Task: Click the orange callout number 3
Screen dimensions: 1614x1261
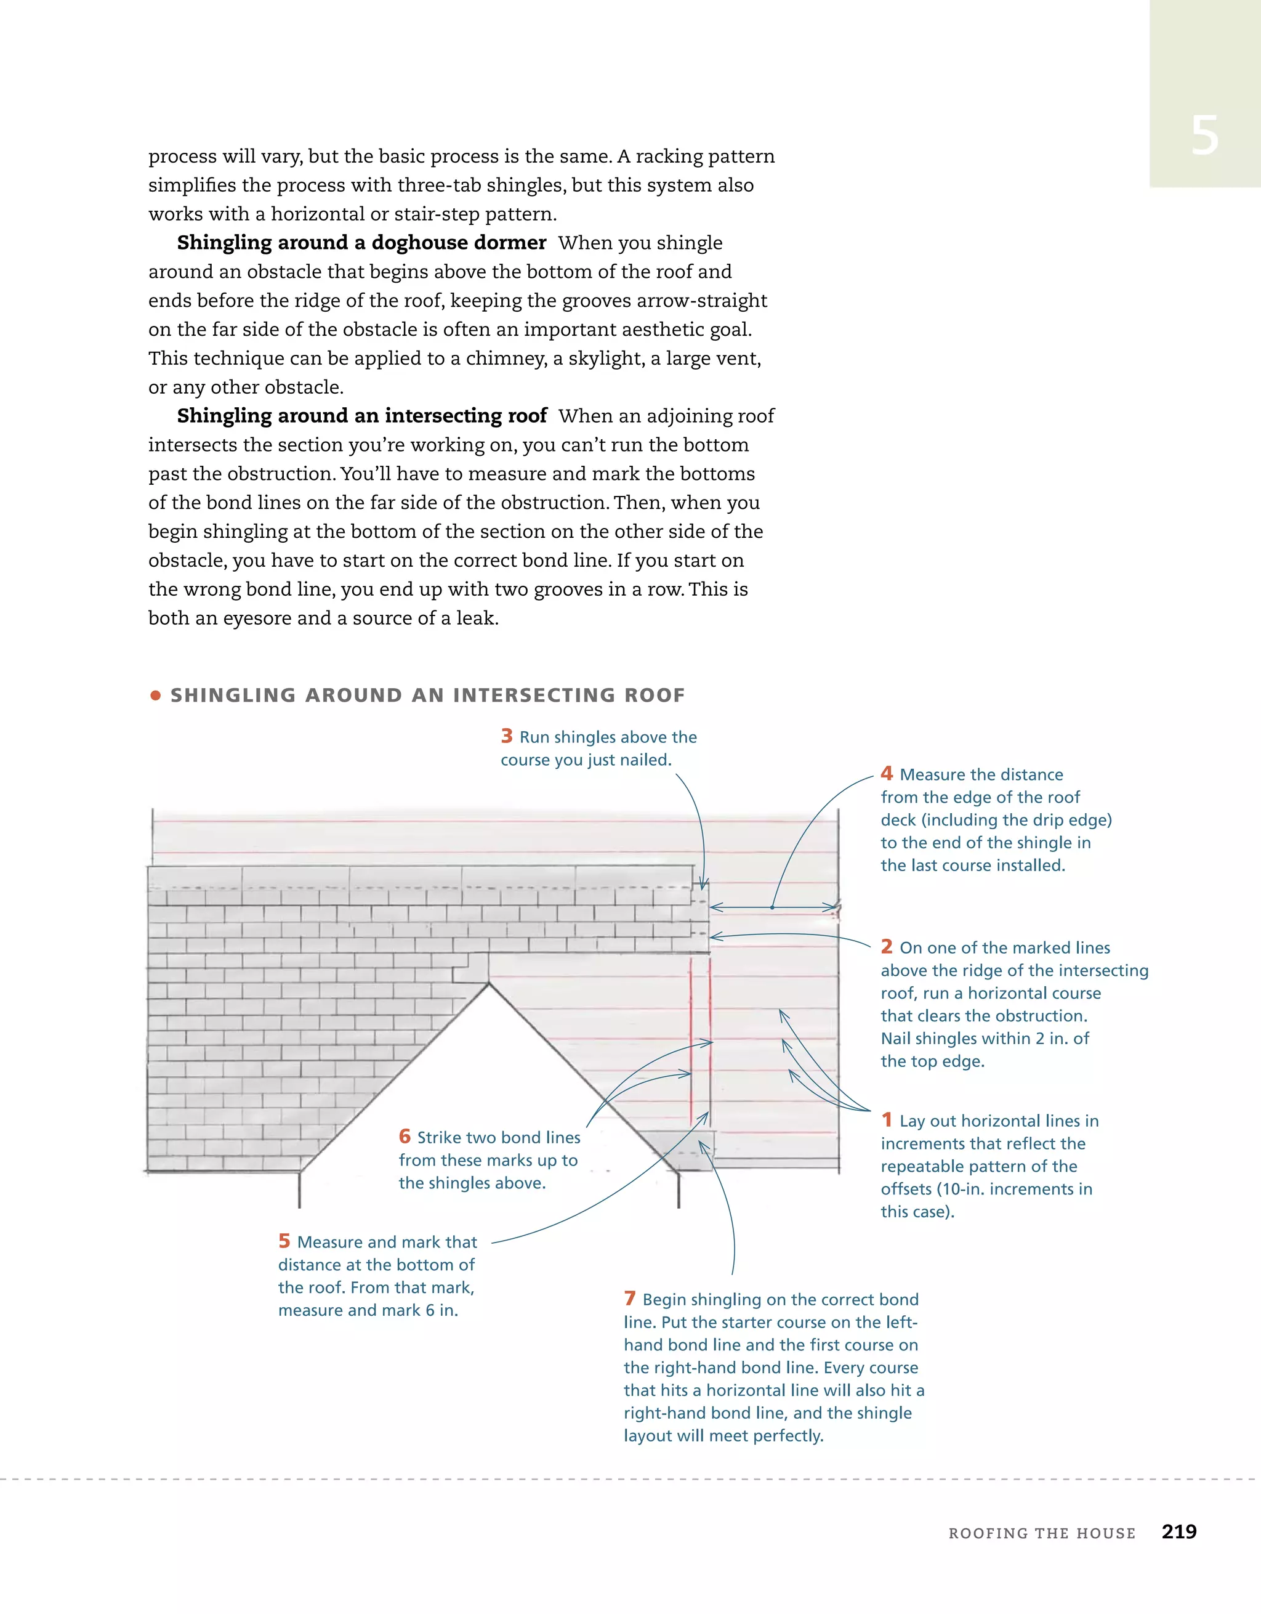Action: [x=506, y=736]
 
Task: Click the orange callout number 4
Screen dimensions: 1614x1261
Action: [x=887, y=774]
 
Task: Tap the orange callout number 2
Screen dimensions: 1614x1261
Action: [x=887, y=947]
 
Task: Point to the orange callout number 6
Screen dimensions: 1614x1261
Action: [x=404, y=1136]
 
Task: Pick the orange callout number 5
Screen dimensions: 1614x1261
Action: [x=284, y=1241]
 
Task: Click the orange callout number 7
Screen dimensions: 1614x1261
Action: [x=629, y=1299]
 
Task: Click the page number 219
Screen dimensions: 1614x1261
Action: [x=1178, y=1532]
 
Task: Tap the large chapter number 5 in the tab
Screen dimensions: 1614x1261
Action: [x=1204, y=136]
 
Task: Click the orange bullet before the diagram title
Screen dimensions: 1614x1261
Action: [x=155, y=695]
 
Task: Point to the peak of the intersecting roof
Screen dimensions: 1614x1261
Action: [x=488, y=984]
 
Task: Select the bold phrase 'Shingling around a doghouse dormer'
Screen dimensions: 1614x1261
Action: [x=361, y=242]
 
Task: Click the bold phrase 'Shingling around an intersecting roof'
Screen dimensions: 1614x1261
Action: [x=361, y=416]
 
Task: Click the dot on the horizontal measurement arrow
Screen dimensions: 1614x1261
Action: [x=772, y=907]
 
